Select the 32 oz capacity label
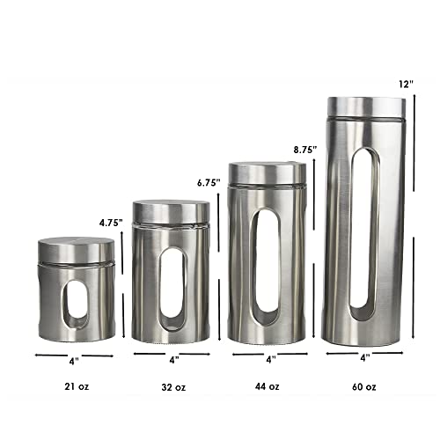173,386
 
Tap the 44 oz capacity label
268,386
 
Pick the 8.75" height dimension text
304,150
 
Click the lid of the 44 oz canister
268,173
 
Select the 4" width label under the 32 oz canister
173,359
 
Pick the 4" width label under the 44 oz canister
270,359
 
